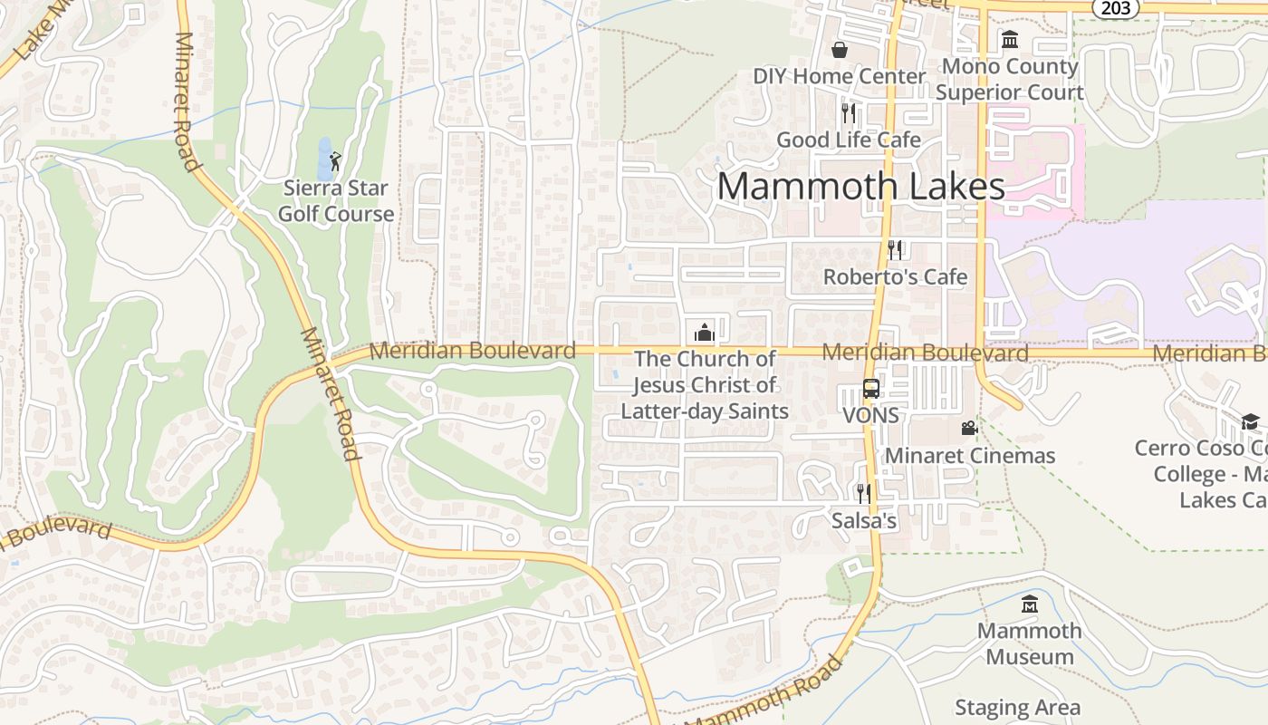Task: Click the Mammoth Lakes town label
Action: [x=860, y=186]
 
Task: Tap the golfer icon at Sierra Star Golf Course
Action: [x=336, y=161]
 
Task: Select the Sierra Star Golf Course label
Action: [x=336, y=201]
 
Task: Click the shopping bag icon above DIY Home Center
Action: [x=840, y=49]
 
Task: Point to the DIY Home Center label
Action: [x=840, y=76]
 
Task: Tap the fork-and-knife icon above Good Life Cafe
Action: [x=849, y=112]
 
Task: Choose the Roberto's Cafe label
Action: [x=895, y=276]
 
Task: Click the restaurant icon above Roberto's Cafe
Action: [x=895, y=249]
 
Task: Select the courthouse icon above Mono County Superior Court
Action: [x=1009, y=39]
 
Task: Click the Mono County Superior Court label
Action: [x=1009, y=79]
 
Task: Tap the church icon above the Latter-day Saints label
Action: [x=705, y=332]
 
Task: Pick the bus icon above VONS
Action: [x=870, y=389]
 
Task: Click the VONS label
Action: [x=870, y=415]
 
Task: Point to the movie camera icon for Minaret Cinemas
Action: [x=969, y=428]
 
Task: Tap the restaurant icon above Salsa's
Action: [x=863, y=493]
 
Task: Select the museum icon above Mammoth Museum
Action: [x=1030, y=604]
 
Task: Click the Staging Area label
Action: [x=1017, y=707]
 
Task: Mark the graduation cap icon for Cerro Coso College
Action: [x=1250, y=421]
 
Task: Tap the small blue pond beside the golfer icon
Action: [x=324, y=159]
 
